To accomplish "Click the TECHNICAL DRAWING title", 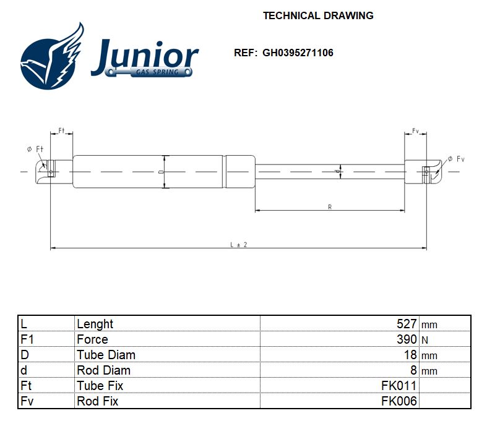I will (318, 15).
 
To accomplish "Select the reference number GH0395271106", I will (298, 53).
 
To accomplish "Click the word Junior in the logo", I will (144, 57).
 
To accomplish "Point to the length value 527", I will (407, 324).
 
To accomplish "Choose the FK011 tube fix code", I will (399, 386).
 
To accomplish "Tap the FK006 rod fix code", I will (399, 401).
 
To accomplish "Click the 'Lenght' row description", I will (95, 324).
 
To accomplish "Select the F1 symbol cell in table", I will (28, 339).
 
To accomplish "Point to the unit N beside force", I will (425, 340).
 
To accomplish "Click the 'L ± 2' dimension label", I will (238, 244).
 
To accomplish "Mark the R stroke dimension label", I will (330, 207).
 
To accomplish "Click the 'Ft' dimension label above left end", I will (62, 130).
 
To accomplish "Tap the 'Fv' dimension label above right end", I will (416, 131).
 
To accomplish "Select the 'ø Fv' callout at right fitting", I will (455, 159).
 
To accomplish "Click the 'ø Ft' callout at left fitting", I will (35, 149).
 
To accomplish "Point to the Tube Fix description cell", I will (100, 386).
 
